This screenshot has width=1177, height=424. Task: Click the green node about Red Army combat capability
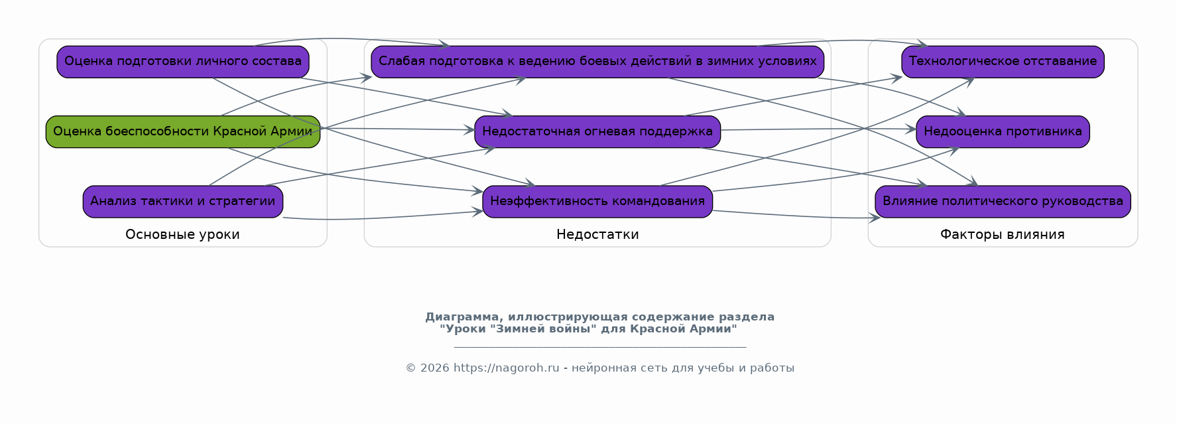(x=183, y=131)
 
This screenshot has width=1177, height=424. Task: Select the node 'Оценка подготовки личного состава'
(x=183, y=62)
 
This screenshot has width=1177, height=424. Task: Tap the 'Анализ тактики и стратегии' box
(x=183, y=202)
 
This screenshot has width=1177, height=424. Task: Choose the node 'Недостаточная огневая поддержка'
(x=597, y=131)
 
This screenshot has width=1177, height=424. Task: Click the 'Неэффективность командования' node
(x=597, y=202)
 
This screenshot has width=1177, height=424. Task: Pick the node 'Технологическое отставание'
(x=1003, y=62)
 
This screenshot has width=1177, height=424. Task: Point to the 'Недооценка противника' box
(x=1003, y=131)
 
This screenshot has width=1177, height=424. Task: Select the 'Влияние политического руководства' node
(x=1003, y=202)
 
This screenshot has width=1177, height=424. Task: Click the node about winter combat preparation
(x=597, y=62)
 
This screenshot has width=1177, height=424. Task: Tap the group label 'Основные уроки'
(x=183, y=234)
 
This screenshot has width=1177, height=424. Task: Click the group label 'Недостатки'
(x=597, y=234)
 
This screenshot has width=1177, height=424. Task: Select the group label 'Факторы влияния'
(x=1003, y=234)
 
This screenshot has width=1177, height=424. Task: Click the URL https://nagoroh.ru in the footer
(x=507, y=368)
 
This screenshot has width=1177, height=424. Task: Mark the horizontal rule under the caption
(x=600, y=346)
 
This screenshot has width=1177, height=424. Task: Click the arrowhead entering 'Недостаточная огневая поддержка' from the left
(x=470, y=129)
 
